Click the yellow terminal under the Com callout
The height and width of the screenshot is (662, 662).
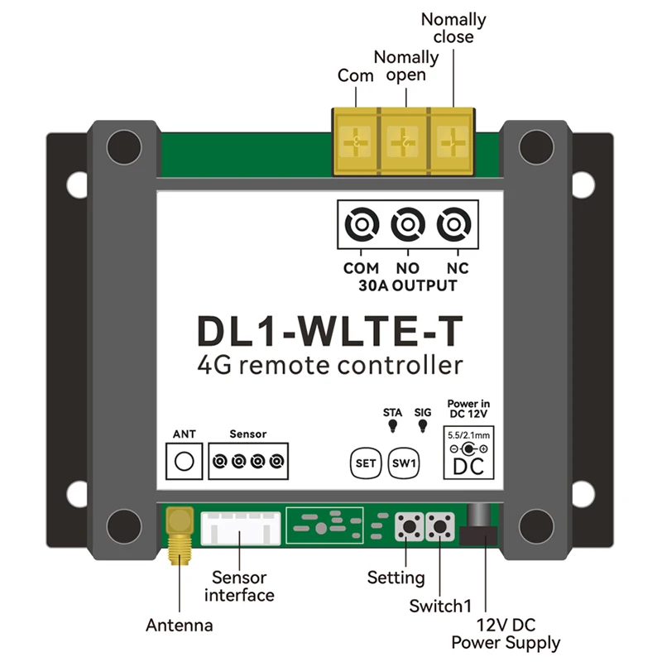357,142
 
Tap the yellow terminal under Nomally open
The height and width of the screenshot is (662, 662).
405,142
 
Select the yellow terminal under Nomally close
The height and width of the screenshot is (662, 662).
453,142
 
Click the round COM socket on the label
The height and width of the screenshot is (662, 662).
361,224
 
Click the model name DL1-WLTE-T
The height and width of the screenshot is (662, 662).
330,329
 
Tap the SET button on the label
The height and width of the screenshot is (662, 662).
365,463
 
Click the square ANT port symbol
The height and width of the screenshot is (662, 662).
185,460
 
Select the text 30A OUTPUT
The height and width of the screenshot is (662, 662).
409,286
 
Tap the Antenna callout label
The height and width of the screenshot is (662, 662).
179,626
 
